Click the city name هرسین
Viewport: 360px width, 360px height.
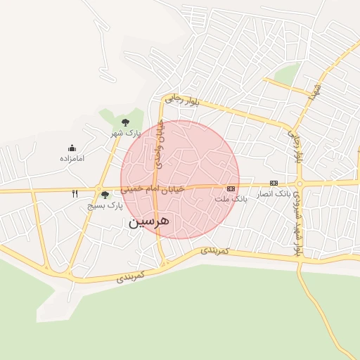(150, 222)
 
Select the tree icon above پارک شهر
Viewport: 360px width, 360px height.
(125, 122)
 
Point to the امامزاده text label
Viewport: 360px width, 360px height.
(72, 158)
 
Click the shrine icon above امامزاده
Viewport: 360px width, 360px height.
(72, 148)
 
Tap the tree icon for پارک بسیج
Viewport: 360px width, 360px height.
(105, 195)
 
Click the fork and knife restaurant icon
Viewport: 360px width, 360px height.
(75, 193)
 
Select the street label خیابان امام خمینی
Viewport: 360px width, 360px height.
(152, 188)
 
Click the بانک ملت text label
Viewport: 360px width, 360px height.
(231, 199)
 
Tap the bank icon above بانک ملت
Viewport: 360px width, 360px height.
(231, 188)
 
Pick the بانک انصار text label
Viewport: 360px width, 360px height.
(273, 193)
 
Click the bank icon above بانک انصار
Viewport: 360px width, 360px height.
(274, 183)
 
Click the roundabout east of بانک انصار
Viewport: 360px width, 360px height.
(300, 184)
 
